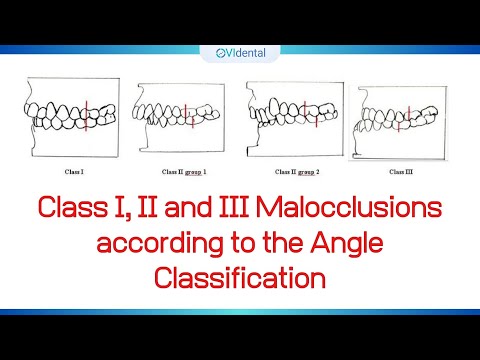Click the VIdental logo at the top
[x=240, y=56]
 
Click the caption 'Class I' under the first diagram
[x=75, y=173]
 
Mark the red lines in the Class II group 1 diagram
[x=192, y=112]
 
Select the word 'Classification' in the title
[x=240, y=279]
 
